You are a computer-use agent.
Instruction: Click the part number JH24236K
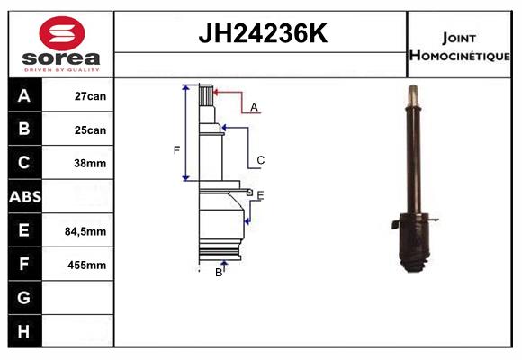tap(263, 33)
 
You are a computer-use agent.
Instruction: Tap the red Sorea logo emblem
tap(62, 33)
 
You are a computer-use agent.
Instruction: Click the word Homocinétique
tap(460, 56)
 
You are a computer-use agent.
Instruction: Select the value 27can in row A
tap(90, 96)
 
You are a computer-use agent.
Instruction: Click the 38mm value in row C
tap(90, 164)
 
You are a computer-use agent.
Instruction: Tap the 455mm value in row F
tap(87, 265)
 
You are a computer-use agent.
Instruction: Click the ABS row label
tap(25, 197)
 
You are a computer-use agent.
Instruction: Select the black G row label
tap(24, 297)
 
